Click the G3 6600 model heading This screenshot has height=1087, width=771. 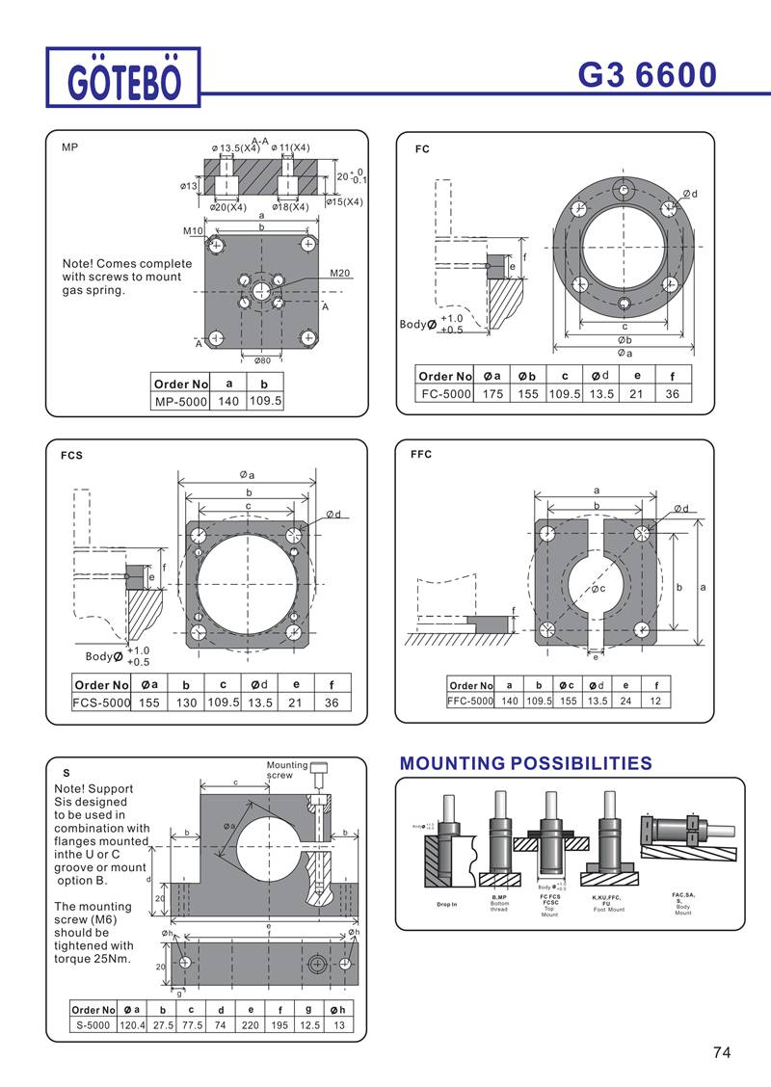[x=648, y=74]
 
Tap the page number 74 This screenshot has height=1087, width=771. [x=722, y=1052]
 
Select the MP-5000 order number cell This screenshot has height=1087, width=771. [x=181, y=401]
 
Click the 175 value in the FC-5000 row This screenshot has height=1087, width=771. [x=492, y=393]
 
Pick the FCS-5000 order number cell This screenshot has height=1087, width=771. [x=101, y=703]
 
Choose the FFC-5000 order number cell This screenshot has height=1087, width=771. [x=470, y=701]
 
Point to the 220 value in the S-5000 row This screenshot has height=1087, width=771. [x=251, y=1026]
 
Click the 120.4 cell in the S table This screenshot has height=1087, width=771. [x=132, y=1026]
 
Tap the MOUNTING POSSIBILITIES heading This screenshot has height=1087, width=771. [x=525, y=763]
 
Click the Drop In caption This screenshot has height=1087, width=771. [x=447, y=904]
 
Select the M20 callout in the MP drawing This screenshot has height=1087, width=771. [x=339, y=273]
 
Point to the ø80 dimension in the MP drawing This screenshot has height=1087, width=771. [x=261, y=360]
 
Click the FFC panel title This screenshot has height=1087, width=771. [x=421, y=454]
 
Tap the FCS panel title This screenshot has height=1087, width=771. [x=72, y=456]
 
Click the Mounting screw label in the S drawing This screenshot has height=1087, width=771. [x=286, y=770]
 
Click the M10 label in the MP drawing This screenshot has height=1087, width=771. [x=193, y=231]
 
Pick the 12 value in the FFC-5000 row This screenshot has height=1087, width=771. [x=655, y=701]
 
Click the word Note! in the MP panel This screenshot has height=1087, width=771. [x=78, y=263]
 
